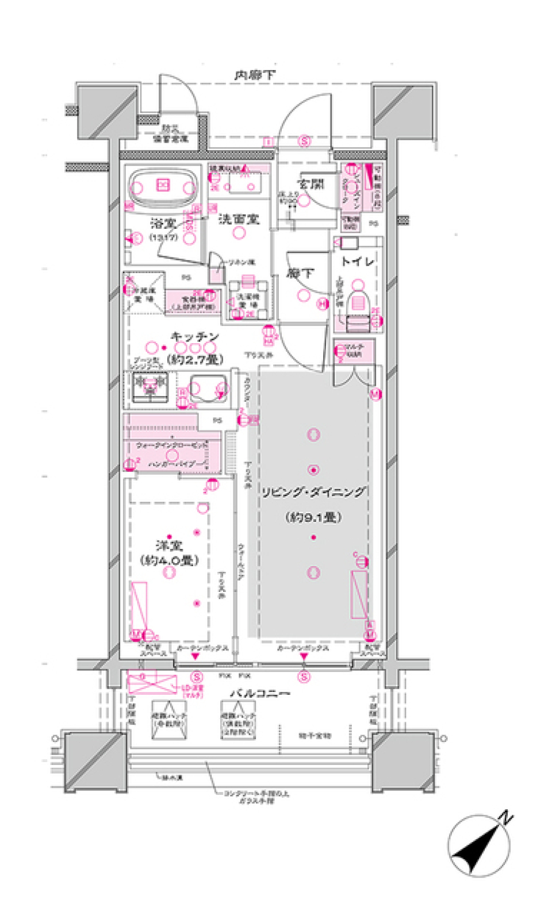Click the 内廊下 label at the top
pyautogui.click(x=254, y=75)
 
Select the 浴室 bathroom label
pyautogui.click(x=164, y=223)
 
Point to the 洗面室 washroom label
pyautogui.click(x=239, y=219)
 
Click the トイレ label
pyautogui.click(x=358, y=262)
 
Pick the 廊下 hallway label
pyautogui.click(x=300, y=274)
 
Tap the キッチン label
pyautogui.click(x=195, y=336)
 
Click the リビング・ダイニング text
pyautogui.click(x=313, y=492)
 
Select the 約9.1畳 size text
pyautogui.click(x=313, y=517)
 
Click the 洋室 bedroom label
pyautogui.click(x=169, y=545)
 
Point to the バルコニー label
pyautogui.click(x=259, y=694)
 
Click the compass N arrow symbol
pyautogui.click(x=478, y=845)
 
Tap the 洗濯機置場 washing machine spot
pyautogui.click(x=248, y=299)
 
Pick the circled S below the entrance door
pyautogui.click(x=304, y=141)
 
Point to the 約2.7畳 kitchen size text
pyautogui.click(x=195, y=360)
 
